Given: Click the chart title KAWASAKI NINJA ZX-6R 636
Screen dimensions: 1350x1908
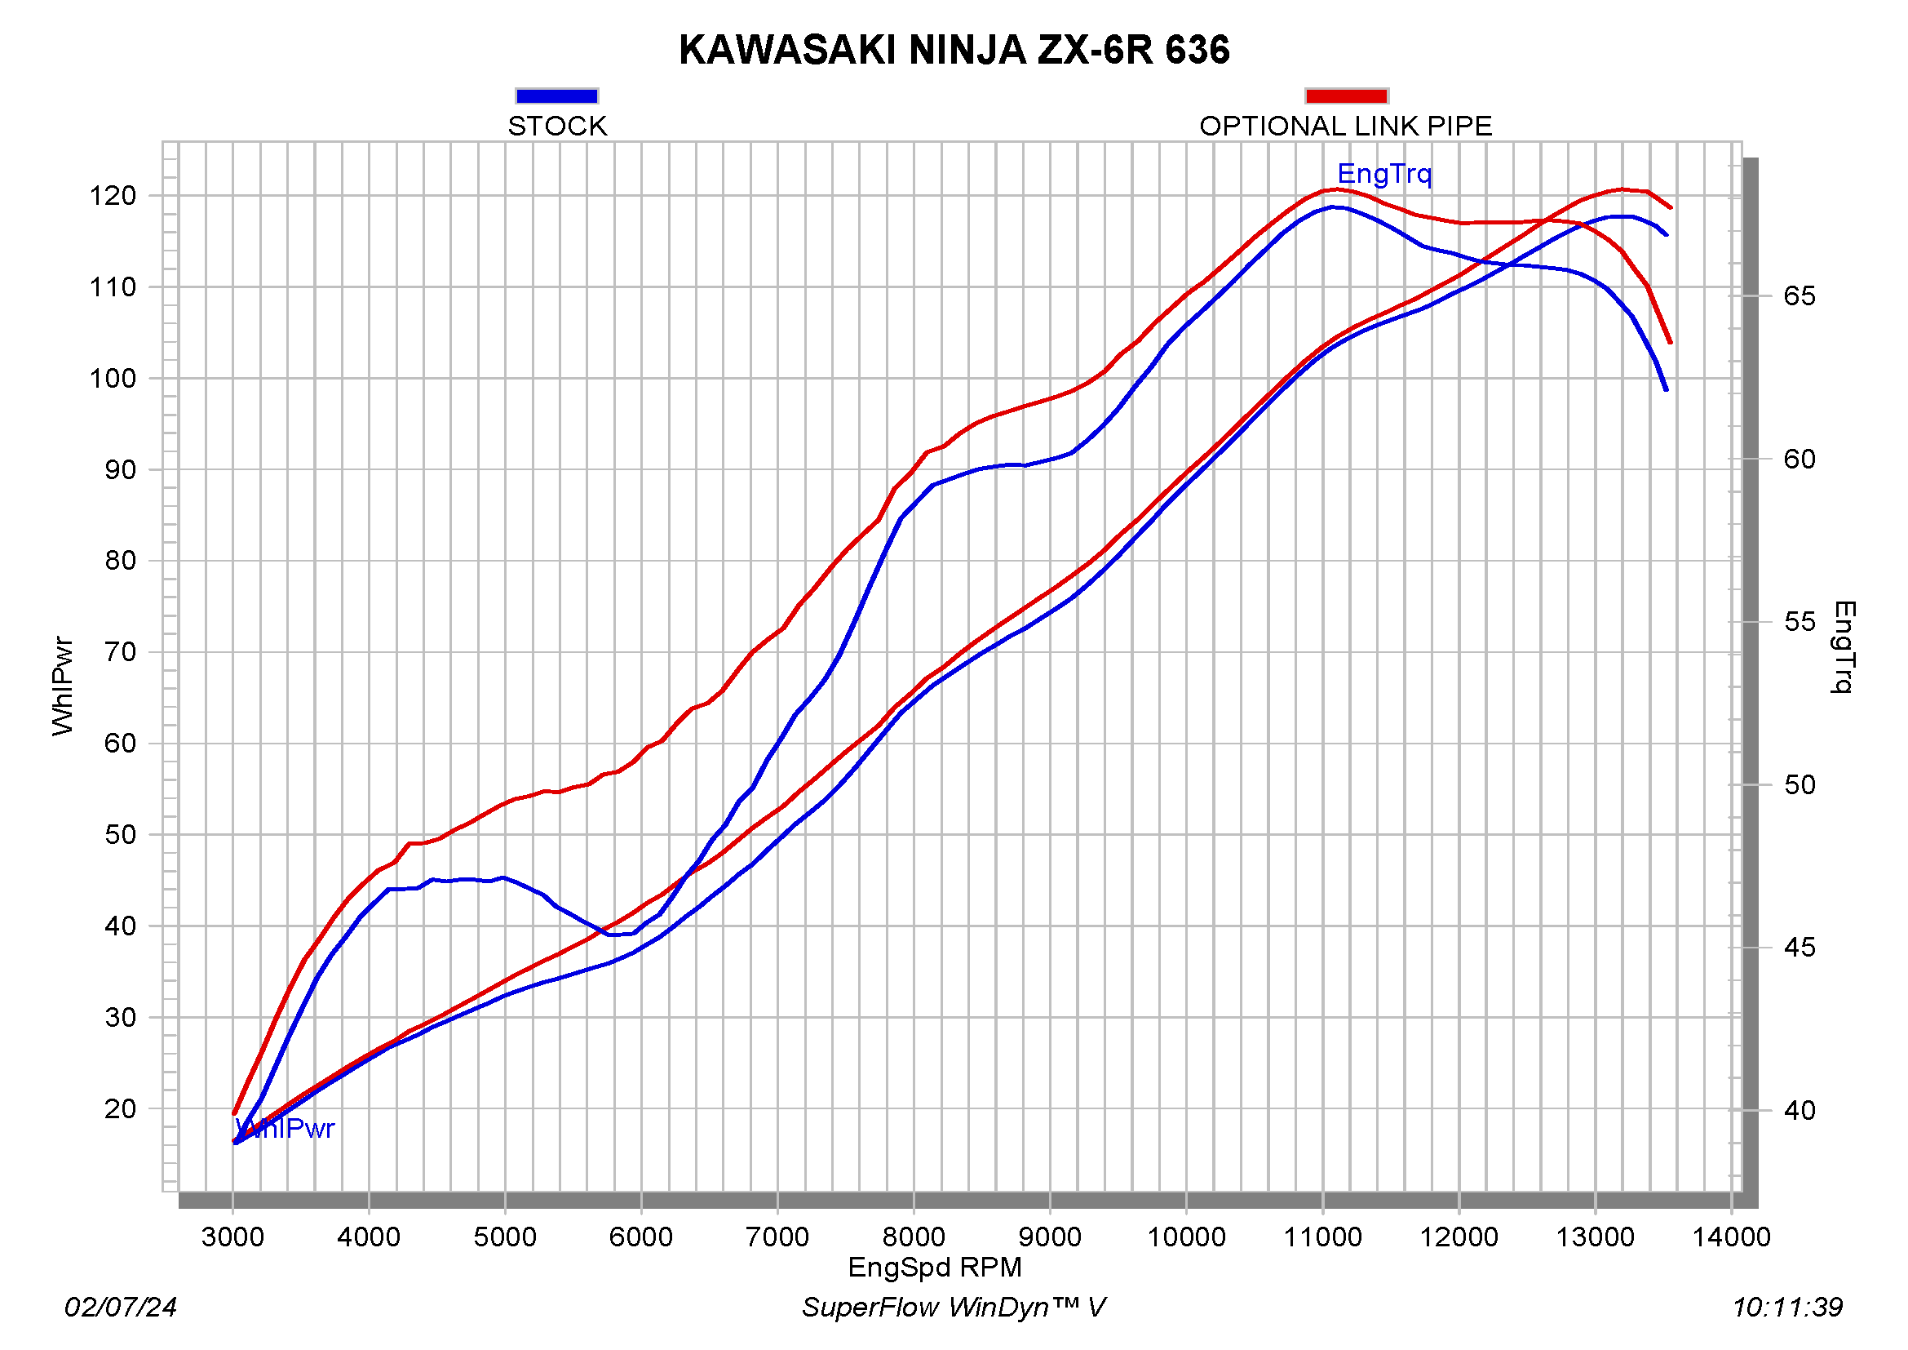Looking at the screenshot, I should (x=954, y=50).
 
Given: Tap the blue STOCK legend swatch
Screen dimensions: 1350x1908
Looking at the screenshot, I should (x=557, y=96).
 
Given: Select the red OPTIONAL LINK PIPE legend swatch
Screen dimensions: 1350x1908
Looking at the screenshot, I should (x=1346, y=96).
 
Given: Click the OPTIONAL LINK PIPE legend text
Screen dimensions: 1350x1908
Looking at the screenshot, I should (x=1345, y=127).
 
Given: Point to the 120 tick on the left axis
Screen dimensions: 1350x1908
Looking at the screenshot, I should (x=113, y=196).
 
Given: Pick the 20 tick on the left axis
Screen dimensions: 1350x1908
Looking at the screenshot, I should (x=120, y=1109).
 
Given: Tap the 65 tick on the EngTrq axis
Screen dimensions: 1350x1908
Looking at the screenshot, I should (x=1800, y=297).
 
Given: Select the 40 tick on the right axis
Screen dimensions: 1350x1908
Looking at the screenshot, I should (x=1800, y=1111).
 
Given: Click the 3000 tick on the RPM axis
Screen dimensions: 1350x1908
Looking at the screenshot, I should (x=232, y=1237).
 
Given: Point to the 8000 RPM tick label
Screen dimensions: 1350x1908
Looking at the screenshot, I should (x=914, y=1237).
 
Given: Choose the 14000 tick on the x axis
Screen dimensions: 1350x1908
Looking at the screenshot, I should (x=1732, y=1237).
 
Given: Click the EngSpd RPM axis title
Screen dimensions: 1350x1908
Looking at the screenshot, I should (x=935, y=1268).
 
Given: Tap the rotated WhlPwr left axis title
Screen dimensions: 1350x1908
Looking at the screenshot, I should (x=63, y=686).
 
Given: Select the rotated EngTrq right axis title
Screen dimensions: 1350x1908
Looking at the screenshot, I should (x=1844, y=646).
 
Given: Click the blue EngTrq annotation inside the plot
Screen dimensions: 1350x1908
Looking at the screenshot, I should (x=1384, y=174).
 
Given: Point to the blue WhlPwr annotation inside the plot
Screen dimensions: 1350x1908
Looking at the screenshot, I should (x=285, y=1129).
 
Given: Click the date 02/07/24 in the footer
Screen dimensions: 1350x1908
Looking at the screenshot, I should (x=122, y=1308).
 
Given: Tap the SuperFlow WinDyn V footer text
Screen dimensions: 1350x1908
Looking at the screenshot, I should (x=953, y=1308).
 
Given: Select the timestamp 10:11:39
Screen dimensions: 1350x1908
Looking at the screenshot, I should (x=1787, y=1308).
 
